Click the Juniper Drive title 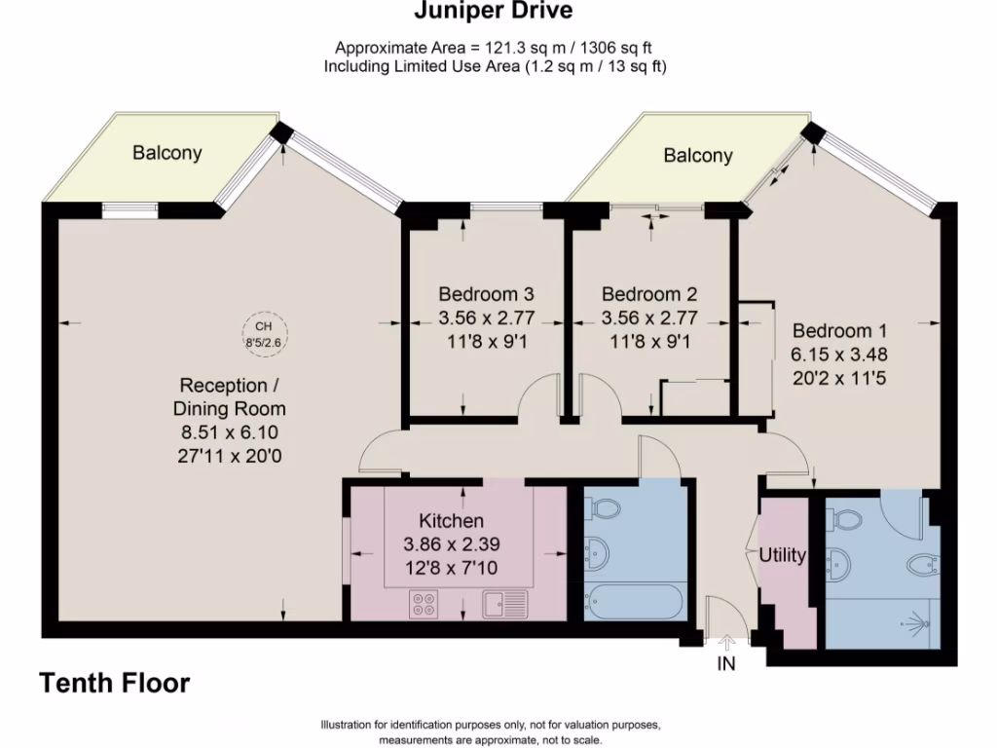[494, 11]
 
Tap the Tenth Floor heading [115, 683]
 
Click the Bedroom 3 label [487, 294]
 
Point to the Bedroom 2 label [649, 294]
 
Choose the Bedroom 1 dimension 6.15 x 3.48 [839, 355]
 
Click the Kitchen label [452, 521]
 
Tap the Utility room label [782, 555]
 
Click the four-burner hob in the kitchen [424, 604]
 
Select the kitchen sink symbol [505, 604]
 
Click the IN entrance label [726, 663]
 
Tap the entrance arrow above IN [726, 643]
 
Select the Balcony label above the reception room [167, 153]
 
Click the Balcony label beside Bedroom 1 [698, 155]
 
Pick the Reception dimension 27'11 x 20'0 [230, 456]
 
